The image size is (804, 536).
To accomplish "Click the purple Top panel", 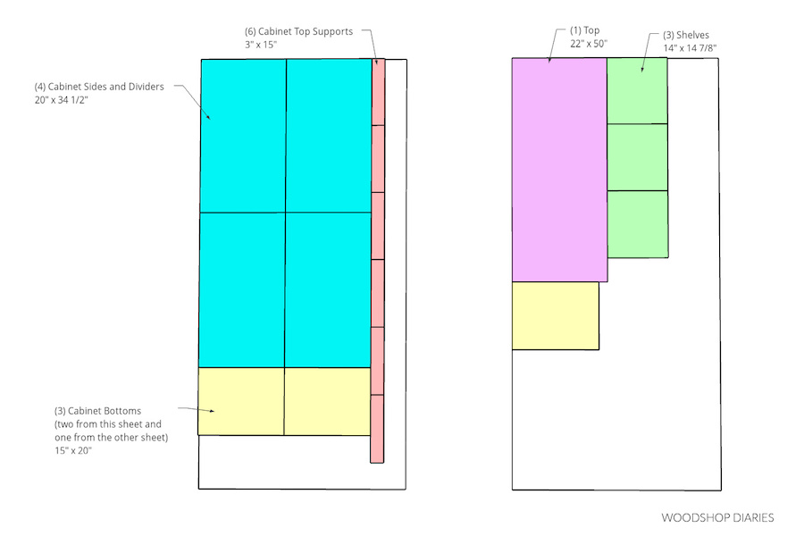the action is point(559,170).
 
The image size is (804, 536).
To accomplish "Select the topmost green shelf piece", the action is point(637,91).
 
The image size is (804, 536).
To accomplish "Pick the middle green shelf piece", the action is point(637,157).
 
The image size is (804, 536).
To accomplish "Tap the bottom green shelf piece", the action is point(638,224).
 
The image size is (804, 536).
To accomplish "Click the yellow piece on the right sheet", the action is point(556,315).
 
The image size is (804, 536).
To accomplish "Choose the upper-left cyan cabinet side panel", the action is point(243,136).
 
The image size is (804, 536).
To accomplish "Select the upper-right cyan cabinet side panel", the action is point(329,136).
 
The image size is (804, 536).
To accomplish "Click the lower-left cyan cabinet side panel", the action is point(242,289).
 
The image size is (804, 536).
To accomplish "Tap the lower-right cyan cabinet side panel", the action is point(328,289).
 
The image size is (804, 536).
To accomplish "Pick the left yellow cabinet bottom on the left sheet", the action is point(241,401).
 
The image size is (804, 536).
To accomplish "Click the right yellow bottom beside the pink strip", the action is point(327,401).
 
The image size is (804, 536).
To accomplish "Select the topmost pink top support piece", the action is point(378,92).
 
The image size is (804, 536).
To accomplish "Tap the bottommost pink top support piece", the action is point(377,429).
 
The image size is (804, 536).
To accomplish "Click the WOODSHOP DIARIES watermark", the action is point(717,517).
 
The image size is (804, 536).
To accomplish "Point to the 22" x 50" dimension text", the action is point(589,44).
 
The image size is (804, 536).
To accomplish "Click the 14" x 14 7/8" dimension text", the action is point(690,48).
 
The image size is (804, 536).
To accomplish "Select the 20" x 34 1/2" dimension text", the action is point(62,100).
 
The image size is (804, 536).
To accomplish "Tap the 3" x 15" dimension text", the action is point(261,45).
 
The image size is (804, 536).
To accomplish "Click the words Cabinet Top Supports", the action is point(306,31).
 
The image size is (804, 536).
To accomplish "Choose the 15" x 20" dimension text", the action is point(73,450).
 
